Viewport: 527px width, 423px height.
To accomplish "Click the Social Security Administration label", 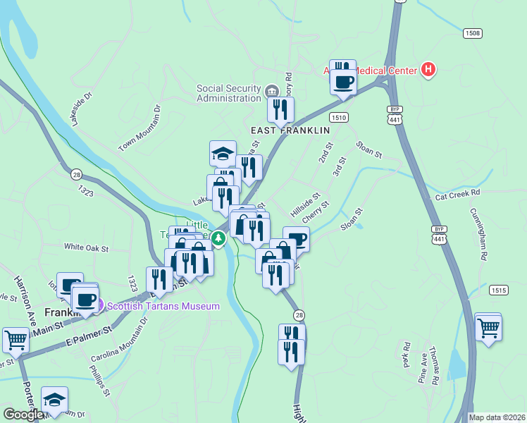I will pyautogui.click(x=228, y=93).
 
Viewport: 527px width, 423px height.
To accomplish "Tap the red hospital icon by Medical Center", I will pyautogui.click(x=428, y=69).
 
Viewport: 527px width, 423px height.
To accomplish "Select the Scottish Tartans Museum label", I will pyautogui.click(x=163, y=305).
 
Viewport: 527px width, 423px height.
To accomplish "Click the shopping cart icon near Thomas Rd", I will pyautogui.click(x=488, y=327).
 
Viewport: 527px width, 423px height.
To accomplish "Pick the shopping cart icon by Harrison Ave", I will pyautogui.click(x=15, y=340).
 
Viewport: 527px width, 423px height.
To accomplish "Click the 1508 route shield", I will pyautogui.click(x=473, y=33).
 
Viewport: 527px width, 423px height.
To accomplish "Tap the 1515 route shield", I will pyautogui.click(x=499, y=290).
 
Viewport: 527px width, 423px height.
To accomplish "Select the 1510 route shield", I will pyautogui.click(x=339, y=118).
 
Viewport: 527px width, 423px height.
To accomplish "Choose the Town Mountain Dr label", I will pyautogui.click(x=140, y=128).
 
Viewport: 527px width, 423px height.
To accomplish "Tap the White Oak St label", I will pyautogui.click(x=86, y=247).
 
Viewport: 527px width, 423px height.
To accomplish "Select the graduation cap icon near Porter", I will pyautogui.click(x=54, y=400).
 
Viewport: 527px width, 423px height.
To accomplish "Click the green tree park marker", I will pyautogui.click(x=218, y=240).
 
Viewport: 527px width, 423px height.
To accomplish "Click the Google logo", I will pyautogui.click(x=23, y=415).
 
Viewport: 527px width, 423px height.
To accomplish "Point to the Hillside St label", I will pyautogui.click(x=305, y=204).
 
